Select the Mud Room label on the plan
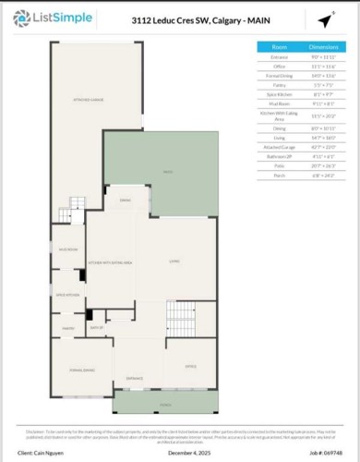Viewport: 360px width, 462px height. click(67, 249)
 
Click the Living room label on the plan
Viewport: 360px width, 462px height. click(174, 262)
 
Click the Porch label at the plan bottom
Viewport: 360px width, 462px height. click(166, 404)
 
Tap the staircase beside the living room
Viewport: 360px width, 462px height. click(182, 320)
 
